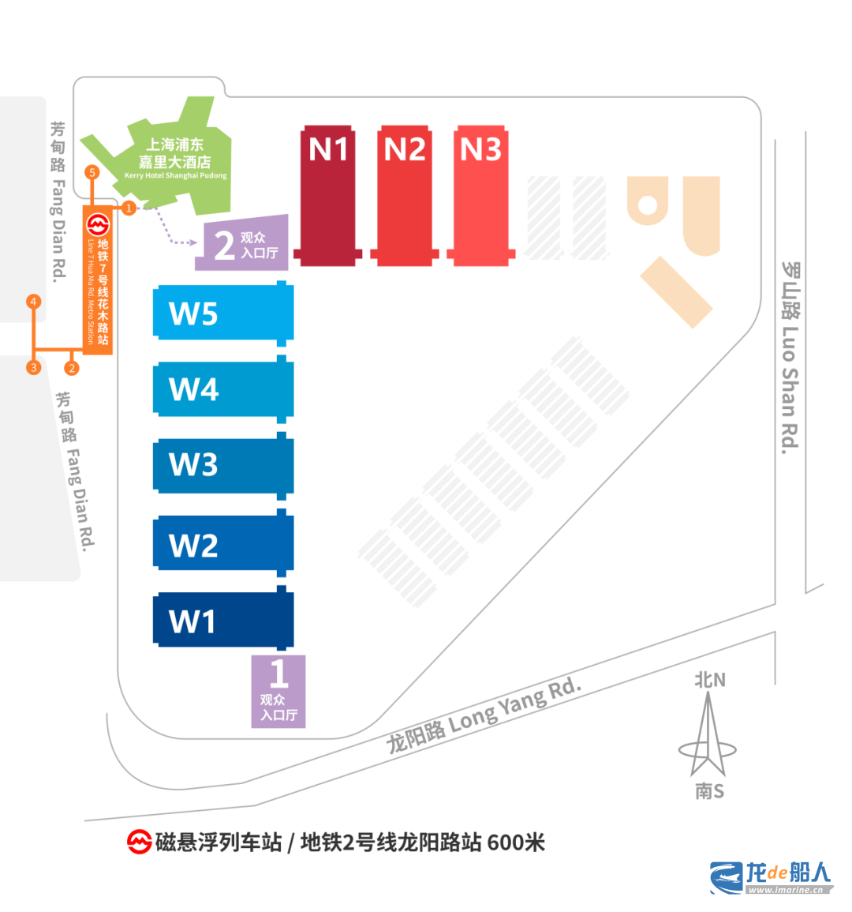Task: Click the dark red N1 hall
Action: (x=327, y=196)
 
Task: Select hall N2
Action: (x=405, y=196)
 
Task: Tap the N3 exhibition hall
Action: (x=480, y=196)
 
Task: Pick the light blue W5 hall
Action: (x=223, y=313)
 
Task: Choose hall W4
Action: (x=223, y=388)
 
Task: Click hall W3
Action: (x=223, y=465)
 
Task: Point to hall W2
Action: (x=223, y=542)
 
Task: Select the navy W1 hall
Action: (x=223, y=619)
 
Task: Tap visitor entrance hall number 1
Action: (x=278, y=692)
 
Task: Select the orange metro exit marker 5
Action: (x=92, y=172)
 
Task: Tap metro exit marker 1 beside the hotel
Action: (x=129, y=208)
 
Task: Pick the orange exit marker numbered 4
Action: (x=34, y=302)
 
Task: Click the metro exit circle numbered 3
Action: (x=34, y=368)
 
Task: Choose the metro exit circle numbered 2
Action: (x=72, y=368)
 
